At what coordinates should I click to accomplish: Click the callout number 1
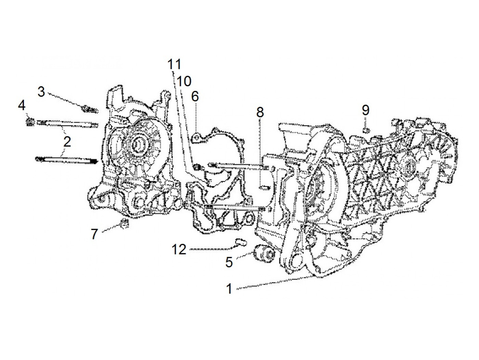tap(229, 288)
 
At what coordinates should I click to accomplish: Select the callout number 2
tap(67, 141)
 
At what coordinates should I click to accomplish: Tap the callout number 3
tap(41, 91)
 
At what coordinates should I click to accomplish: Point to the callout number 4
tap(22, 106)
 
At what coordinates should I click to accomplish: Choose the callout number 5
tap(229, 262)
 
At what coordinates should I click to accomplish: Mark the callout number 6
tap(195, 97)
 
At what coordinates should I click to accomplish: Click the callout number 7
tap(94, 234)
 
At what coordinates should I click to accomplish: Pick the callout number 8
tap(260, 112)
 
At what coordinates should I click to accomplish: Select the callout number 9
tap(365, 110)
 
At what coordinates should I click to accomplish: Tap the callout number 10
tap(184, 81)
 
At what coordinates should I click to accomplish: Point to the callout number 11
tap(174, 64)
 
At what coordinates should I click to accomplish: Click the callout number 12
tap(179, 249)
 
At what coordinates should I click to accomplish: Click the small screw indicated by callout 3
tap(90, 110)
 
